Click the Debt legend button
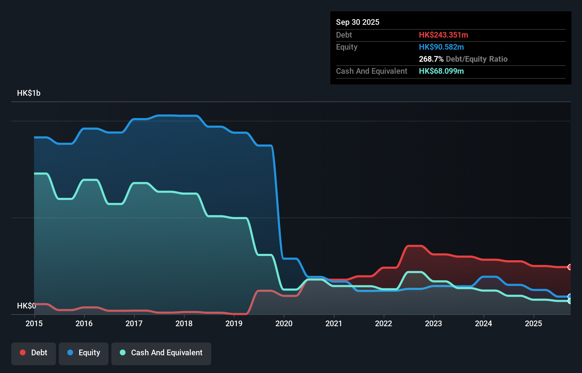pyautogui.click(x=34, y=353)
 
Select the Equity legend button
pyautogui.click(x=84, y=353)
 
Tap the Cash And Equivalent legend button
pyautogui.click(x=161, y=353)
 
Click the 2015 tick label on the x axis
pyautogui.click(x=34, y=323)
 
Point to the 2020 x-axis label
pyautogui.click(x=284, y=323)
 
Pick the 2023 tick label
pyautogui.click(x=433, y=323)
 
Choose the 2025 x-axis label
pyautogui.click(x=533, y=323)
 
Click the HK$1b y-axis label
pyautogui.click(x=29, y=93)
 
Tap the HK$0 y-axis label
pyautogui.click(x=26, y=306)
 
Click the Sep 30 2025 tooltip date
pyautogui.click(x=358, y=22)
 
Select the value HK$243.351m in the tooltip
pyautogui.click(x=443, y=35)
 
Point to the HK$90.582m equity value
pyautogui.click(x=441, y=47)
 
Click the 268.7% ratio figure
pyautogui.click(x=431, y=59)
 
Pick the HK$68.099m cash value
pyautogui.click(x=441, y=71)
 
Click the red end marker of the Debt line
pyautogui.click(x=570, y=267)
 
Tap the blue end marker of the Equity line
pyautogui.click(x=570, y=296)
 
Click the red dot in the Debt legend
pyautogui.click(x=23, y=352)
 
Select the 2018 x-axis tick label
pyautogui.click(x=184, y=323)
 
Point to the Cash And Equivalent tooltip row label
pyautogui.click(x=371, y=71)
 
